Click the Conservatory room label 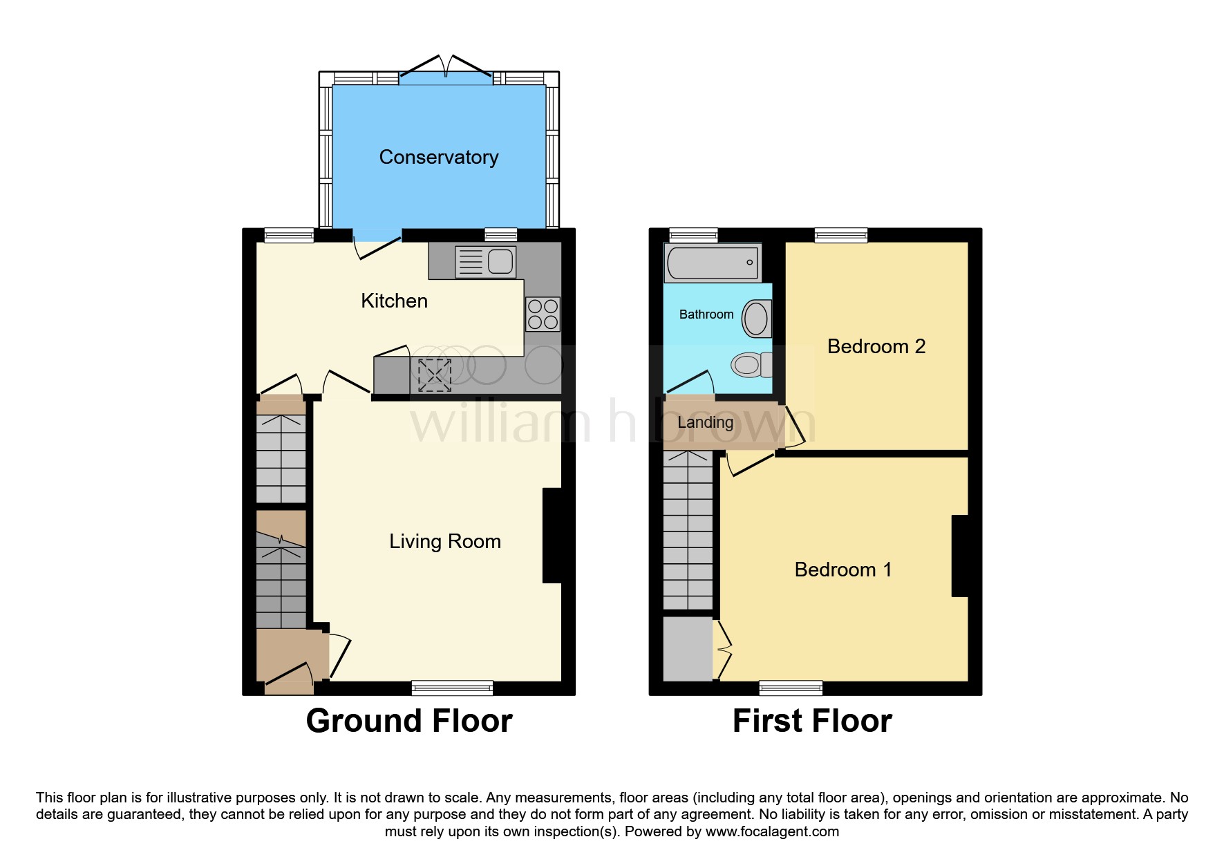click(438, 158)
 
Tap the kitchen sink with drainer click(485, 262)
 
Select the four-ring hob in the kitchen click(543, 314)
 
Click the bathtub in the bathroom click(712, 263)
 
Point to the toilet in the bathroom click(751, 364)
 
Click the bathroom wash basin click(756, 319)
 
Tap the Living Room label click(444, 541)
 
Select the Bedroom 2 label click(876, 346)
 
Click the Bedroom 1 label click(842, 569)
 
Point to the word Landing click(705, 422)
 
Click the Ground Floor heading click(409, 721)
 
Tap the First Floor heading click(811, 721)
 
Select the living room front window click(452, 687)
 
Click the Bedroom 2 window click(840, 236)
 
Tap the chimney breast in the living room click(552, 536)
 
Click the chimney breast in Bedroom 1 click(960, 556)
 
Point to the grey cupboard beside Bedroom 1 click(687, 649)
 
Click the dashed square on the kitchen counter click(435, 375)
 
